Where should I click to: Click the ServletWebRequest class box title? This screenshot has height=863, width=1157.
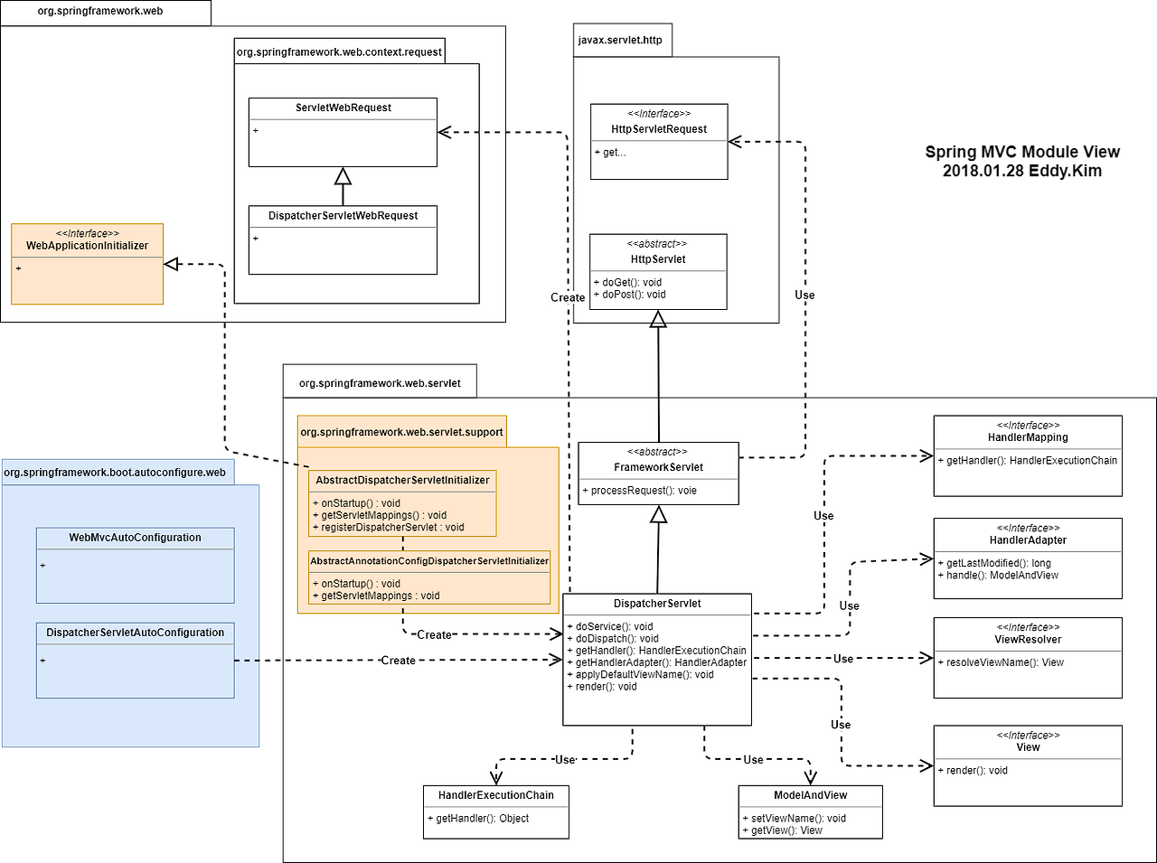coord(343,108)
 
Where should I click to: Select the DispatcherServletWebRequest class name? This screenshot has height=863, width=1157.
coord(343,216)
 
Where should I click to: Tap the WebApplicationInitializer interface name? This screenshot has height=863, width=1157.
coord(87,246)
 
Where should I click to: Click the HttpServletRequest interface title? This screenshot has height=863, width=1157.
coord(659,129)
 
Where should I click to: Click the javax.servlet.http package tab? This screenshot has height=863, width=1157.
coord(620,41)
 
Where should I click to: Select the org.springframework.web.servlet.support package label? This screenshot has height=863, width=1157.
coord(401,432)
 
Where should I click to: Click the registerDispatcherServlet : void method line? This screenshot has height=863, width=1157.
coord(392,527)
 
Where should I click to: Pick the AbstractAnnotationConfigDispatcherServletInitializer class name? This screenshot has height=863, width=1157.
coord(429,561)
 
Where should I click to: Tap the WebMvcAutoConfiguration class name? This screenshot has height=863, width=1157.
coord(135,538)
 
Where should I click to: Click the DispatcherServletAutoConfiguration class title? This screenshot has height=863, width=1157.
coord(135,633)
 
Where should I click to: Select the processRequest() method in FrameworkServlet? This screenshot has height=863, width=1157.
coord(644,491)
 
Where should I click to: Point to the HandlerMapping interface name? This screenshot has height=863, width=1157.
coord(1028,437)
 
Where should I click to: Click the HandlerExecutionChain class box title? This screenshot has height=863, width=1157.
coord(495,795)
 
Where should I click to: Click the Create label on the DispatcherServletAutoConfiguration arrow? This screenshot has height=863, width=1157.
coord(398,661)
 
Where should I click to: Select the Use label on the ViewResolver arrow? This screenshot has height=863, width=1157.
coord(842,659)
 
